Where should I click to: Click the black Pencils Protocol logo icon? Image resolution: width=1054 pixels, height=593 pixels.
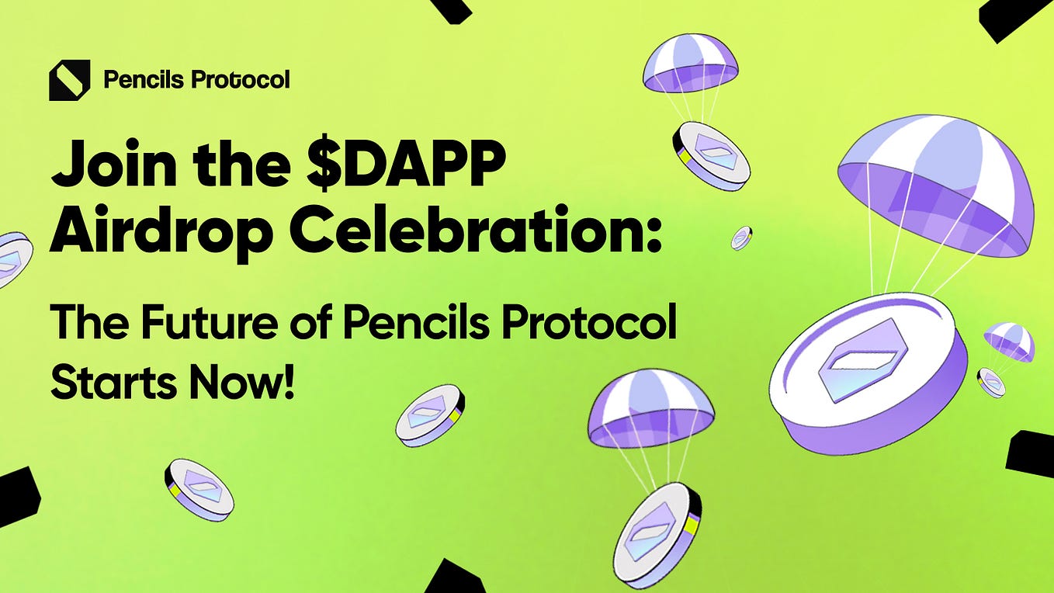coord(69,80)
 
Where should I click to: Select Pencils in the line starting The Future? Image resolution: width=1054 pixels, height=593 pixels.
coord(415,322)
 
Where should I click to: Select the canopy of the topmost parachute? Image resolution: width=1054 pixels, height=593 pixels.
coord(690,61)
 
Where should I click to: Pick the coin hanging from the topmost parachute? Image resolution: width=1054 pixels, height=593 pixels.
coord(710,156)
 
